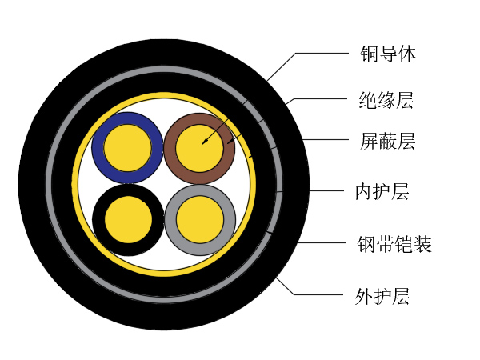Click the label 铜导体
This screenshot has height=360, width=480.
(x=388, y=54)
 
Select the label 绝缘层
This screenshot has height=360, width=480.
(x=386, y=100)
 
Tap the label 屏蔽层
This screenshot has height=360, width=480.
(x=387, y=141)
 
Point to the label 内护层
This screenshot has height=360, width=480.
(x=382, y=192)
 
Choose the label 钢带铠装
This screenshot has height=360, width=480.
(x=394, y=244)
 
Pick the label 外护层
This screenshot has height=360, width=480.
(x=382, y=296)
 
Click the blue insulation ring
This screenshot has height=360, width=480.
(x=98, y=147)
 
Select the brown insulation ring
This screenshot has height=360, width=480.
(x=170, y=149)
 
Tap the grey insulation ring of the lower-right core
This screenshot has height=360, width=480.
(x=170, y=220)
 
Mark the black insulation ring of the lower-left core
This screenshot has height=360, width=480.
(x=98, y=220)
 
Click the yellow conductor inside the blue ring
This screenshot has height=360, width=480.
(x=128, y=148)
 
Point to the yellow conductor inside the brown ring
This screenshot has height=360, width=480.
(x=199, y=149)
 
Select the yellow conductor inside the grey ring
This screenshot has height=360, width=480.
(x=200, y=220)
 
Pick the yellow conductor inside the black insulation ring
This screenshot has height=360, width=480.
(x=128, y=220)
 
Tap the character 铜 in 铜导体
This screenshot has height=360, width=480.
(x=369, y=54)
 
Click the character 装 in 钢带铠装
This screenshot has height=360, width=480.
(x=422, y=244)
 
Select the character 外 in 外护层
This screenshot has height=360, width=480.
(x=364, y=296)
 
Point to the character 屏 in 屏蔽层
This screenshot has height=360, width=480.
(x=369, y=141)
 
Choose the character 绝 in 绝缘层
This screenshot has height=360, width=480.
(x=368, y=100)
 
